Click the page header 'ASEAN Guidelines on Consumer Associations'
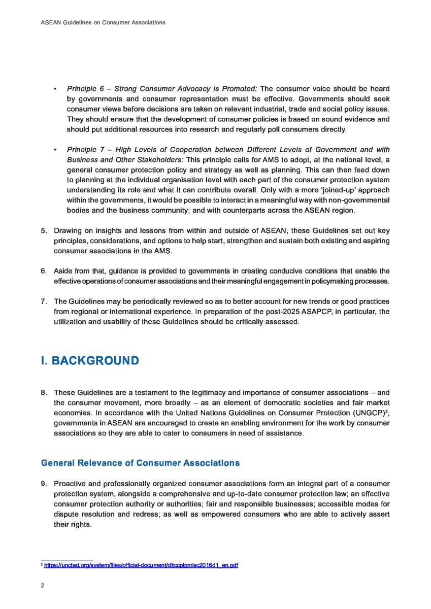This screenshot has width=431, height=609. point(103,23)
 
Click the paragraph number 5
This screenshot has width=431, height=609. point(44,231)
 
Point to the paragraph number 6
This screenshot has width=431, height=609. point(44,271)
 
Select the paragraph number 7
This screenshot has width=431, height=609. point(44,301)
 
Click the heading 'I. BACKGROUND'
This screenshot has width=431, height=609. point(90,361)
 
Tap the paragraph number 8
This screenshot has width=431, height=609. point(44,392)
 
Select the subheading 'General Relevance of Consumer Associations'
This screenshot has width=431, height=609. point(140,463)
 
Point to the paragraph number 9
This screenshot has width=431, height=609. point(44,484)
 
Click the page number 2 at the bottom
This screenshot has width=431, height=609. point(42,585)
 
